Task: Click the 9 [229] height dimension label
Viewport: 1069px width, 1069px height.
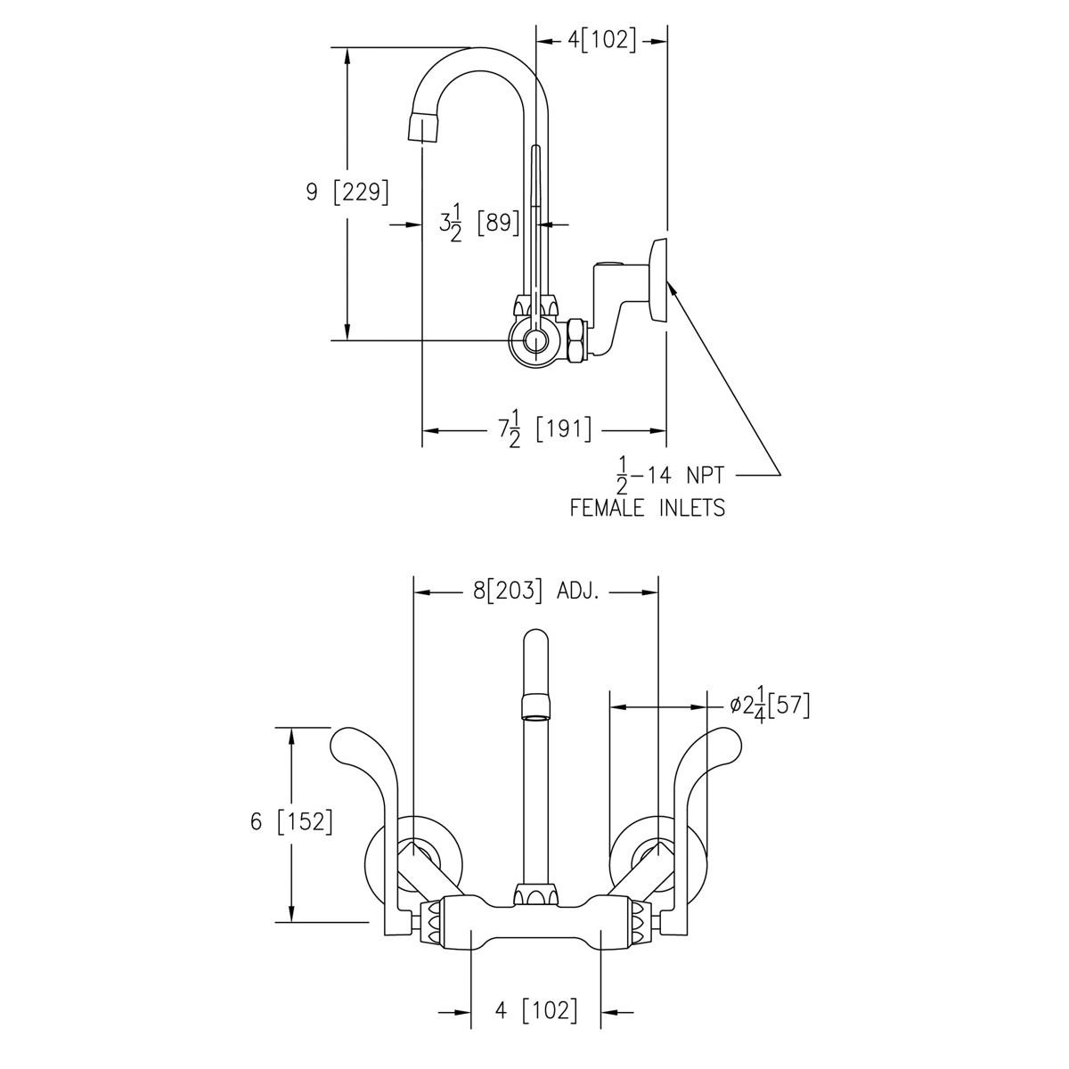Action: [x=347, y=192]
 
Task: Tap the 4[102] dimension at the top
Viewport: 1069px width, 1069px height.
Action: [x=602, y=40]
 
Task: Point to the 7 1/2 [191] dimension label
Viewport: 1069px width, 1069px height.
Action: [x=544, y=430]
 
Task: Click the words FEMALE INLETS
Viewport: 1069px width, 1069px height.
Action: [x=647, y=508]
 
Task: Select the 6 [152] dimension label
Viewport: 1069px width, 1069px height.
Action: [x=291, y=821]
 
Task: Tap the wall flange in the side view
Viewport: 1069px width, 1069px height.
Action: [x=658, y=280]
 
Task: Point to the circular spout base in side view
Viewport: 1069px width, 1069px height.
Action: [x=534, y=340]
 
